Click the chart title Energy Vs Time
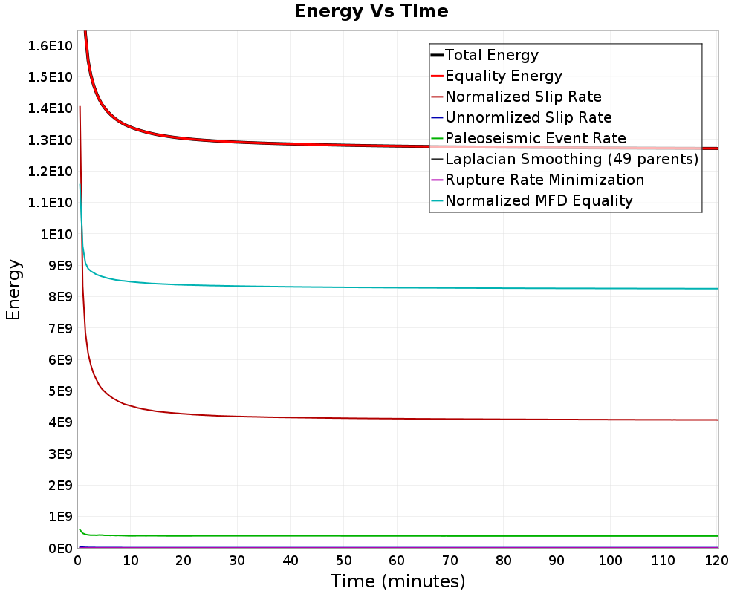coord(371,11)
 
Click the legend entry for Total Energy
coord(491,55)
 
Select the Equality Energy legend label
coord(503,76)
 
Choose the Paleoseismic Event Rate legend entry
coord(535,138)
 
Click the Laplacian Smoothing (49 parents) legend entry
coord(571,159)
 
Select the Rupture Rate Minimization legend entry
coord(544,180)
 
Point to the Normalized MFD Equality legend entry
coord(539,200)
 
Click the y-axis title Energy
coord(13,290)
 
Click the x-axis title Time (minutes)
coord(398,581)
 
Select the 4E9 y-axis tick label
coord(57,422)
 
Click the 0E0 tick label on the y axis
coord(57,548)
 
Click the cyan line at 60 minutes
coord(398,287)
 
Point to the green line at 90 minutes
coord(557,536)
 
